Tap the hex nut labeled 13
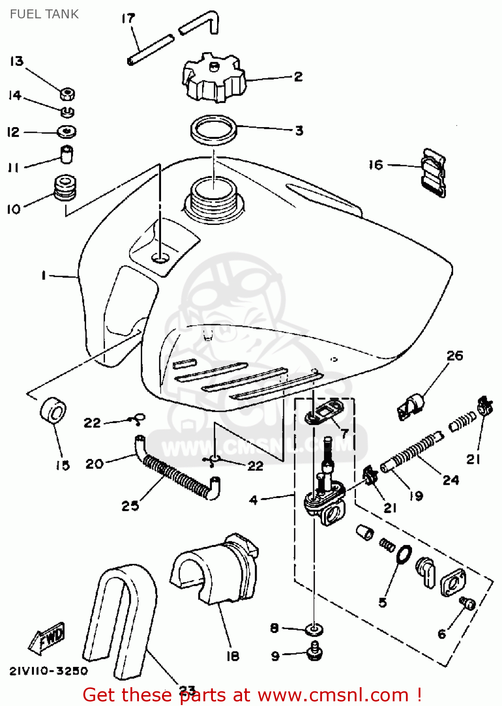pyautogui.click(x=67, y=94)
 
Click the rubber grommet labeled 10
pyautogui.click(x=65, y=187)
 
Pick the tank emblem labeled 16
pyautogui.click(x=433, y=173)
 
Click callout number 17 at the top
pyautogui.click(x=128, y=19)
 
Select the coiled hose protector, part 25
pyautogui.click(x=177, y=476)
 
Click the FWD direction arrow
pyautogui.click(x=47, y=639)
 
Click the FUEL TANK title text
pyautogui.click(x=44, y=14)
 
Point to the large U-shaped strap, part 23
pyautogui.click(x=120, y=621)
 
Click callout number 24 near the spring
pyautogui.click(x=450, y=480)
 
